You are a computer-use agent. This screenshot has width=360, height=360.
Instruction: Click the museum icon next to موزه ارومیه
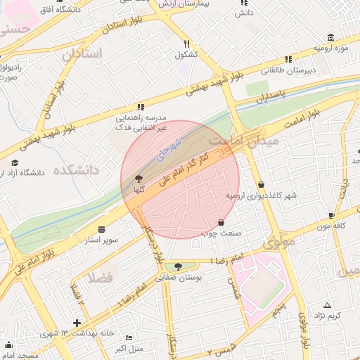click(330, 37)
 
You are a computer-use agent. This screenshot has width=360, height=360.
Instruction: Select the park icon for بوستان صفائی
click(178, 266)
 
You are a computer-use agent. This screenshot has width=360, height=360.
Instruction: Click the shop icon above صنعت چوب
click(221, 221)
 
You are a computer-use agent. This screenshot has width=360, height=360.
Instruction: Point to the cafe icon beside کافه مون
click(340, 215)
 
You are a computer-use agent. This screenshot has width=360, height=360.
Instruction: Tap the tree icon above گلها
click(138, 179)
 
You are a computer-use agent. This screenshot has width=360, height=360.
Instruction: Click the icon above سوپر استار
click(101, 230)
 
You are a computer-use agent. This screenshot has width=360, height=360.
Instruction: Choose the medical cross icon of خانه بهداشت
click(76, 322)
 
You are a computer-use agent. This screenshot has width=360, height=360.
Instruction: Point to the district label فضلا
click(100, 276)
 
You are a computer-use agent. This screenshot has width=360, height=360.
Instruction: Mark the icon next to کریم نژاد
click(327, 304)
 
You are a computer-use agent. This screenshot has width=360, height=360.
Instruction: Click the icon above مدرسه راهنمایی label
click(141, 107)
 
